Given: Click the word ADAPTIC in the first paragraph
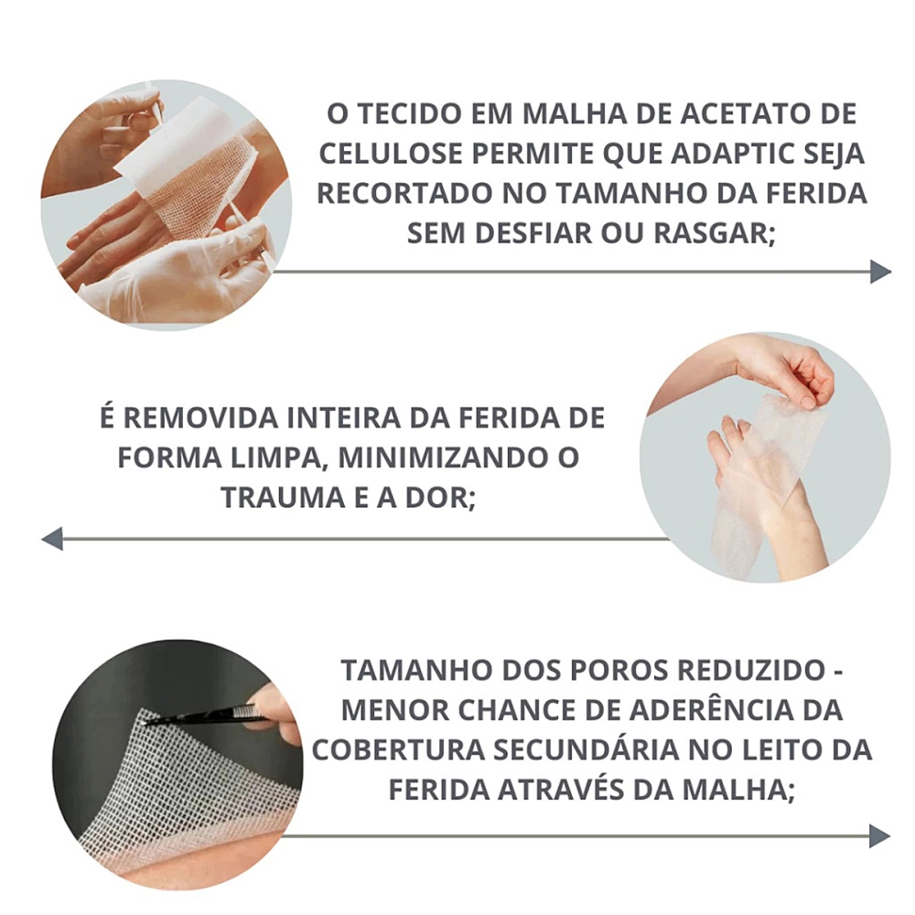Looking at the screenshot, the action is tap(737, 154).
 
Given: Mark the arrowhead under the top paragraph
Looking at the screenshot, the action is tap(880, 272).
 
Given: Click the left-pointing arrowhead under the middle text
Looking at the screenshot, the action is tap(52, 538).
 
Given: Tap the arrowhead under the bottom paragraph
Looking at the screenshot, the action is tap(879, 835).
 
